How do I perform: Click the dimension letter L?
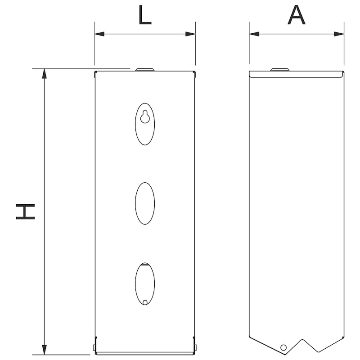coord(145,16)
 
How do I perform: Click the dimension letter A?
coord(297,16)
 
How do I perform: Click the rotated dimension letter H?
coord(26,211)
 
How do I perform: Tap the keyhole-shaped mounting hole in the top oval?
coord(145,117)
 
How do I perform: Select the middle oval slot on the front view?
coord(145,203)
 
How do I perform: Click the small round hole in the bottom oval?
coord(145,302)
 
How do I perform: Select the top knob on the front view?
coord(145,70)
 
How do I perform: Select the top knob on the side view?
coord(279,70)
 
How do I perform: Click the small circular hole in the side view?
coord(283,347)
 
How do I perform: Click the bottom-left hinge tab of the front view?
coord(94,346)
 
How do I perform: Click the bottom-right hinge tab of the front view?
coord(195,346)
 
